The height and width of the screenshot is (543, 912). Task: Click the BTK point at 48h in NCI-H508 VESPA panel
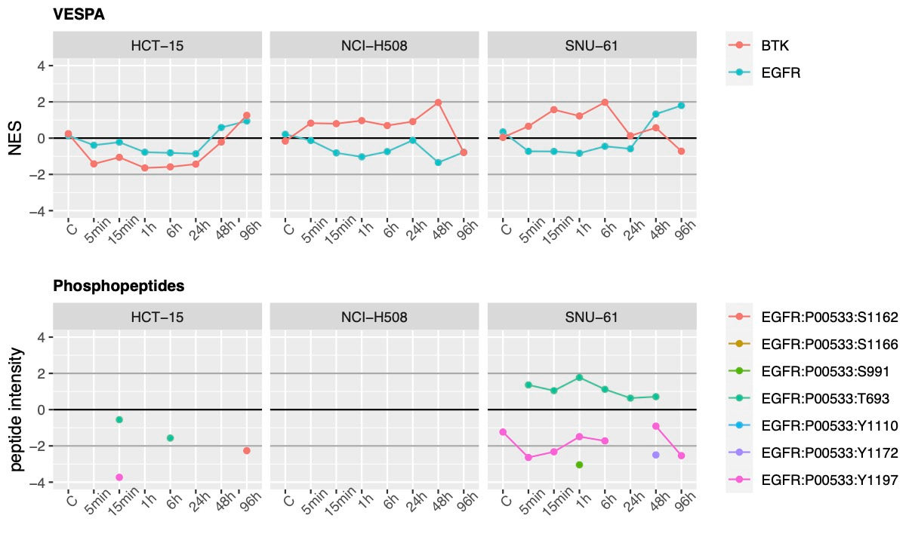[x=438, y=103]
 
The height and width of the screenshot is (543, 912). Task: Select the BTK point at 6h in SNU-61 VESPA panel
[x=605, y=103]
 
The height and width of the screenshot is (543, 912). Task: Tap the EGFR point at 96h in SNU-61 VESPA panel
[x=681, y=106]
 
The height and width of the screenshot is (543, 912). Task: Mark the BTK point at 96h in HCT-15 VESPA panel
[x=246, y=115]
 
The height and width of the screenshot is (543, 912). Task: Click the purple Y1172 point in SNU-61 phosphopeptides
[x=655, y=455]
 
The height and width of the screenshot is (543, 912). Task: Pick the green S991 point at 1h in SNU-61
[x=579, y=465]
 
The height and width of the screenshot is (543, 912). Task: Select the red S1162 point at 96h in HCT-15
[x=246, y=450]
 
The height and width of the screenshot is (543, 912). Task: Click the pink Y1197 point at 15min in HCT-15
[x=119, y=477]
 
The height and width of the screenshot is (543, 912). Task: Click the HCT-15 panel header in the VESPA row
[x=159, y=45]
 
